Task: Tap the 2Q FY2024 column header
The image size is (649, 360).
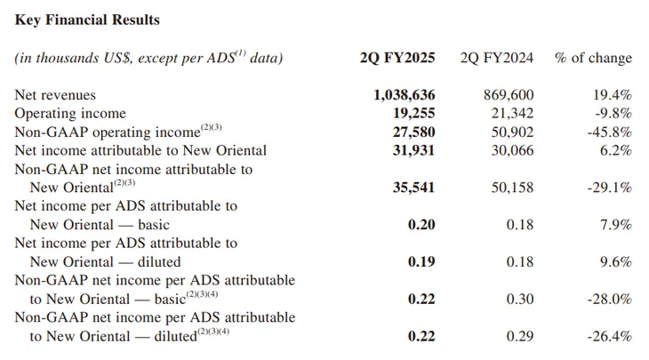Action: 497,58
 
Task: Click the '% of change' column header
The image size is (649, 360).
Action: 593,58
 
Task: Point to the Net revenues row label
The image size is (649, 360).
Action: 55,94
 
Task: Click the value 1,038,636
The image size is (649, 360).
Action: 405,94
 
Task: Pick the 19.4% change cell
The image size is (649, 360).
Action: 613,94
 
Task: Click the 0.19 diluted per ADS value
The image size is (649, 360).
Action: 421,262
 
